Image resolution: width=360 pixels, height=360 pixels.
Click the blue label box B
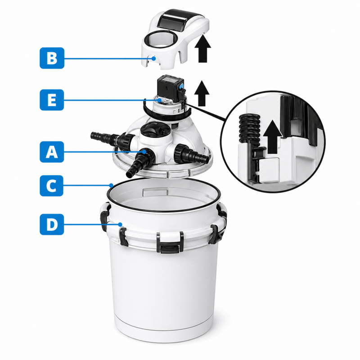click(52, 58)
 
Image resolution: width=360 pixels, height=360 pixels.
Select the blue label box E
click(52, 100)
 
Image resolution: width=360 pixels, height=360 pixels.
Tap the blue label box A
click(52, 152)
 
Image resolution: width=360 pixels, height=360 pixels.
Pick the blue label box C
click(51, 185)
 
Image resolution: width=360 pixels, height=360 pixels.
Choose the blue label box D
click(52, 224)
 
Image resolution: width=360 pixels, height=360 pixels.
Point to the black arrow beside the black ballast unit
click(202, 93)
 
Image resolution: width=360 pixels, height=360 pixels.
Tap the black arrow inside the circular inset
click(273, 136)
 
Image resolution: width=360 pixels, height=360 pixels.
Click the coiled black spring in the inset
click(249, 128)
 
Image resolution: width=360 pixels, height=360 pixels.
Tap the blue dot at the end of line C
click(111, 185)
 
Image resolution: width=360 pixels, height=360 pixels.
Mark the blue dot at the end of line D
click(120, 224)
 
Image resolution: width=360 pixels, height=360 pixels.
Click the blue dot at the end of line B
click(154, 58)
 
